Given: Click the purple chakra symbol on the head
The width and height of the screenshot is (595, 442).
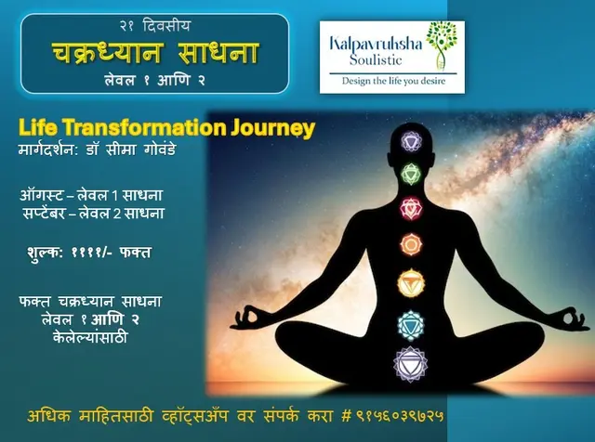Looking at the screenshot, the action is tap(411, 141).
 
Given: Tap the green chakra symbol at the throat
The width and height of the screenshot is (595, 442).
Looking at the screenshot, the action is tap(411, 175).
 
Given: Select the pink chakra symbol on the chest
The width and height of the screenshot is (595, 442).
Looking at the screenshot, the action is tap(411, 208).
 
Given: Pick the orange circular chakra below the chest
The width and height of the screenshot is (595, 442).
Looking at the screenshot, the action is tap(411, 244).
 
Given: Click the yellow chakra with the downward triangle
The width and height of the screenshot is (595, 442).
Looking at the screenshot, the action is tap(411, 283).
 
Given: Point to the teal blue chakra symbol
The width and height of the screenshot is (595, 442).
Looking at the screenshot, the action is tap(411, 324).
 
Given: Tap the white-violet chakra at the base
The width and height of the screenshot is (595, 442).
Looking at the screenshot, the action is tap(410, 364).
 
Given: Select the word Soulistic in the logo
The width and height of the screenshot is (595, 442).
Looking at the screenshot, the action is tap(376, 60).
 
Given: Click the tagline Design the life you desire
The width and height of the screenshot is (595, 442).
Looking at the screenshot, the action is tap(393, 81).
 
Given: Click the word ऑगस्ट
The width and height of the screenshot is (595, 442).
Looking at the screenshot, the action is tap(41, 195).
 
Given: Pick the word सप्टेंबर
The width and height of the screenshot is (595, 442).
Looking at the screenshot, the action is tap(44, 213).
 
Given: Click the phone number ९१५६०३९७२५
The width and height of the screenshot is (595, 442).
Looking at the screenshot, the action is tap(400, 416).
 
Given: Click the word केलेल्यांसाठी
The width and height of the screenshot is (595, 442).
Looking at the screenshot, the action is tap(90, 337).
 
